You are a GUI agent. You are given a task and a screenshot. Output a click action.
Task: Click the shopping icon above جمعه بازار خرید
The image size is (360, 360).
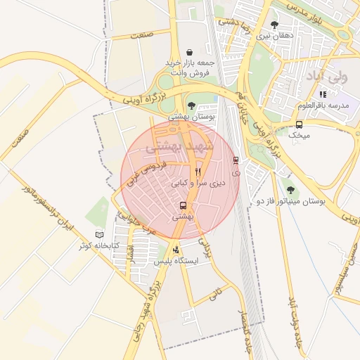(191, 52)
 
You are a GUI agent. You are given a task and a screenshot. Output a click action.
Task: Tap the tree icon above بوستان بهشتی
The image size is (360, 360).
(191, 105)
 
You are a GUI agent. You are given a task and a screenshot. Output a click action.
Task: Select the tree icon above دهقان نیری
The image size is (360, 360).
(274, 25)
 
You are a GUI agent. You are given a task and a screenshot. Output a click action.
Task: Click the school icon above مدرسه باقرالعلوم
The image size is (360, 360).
(323, 94)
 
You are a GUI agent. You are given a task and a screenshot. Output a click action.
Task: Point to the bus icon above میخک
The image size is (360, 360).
(300, 124)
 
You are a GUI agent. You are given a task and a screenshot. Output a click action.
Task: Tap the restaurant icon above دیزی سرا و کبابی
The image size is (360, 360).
(198, 171)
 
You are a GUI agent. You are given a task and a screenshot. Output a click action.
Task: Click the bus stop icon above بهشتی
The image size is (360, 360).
(183, 206)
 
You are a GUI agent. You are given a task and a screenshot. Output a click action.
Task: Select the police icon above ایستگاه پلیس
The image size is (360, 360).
(175, 250)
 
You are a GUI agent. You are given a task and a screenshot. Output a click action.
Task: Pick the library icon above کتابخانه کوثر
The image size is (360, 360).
(99, 234)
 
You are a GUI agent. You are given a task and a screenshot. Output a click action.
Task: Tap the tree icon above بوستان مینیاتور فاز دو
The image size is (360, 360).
(291, 189)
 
